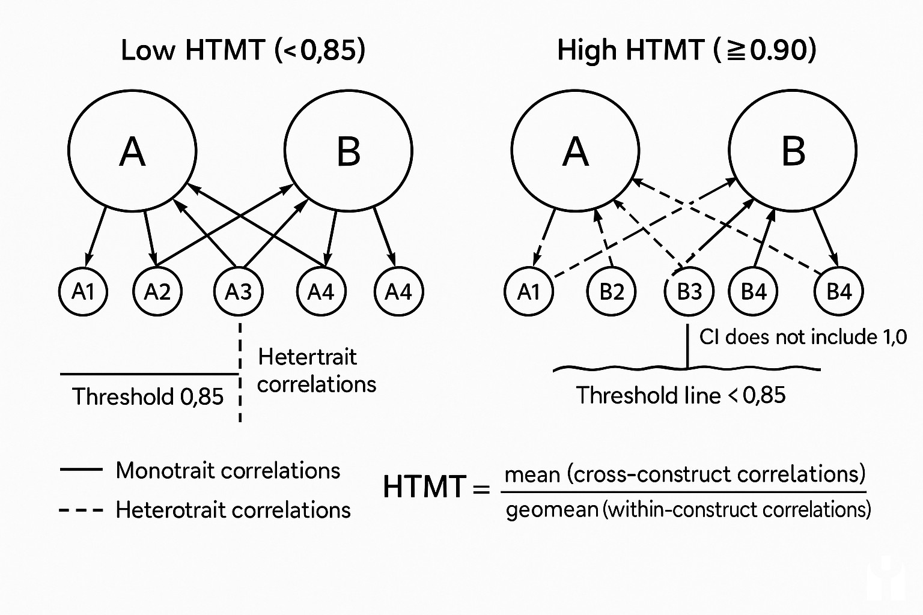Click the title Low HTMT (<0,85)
[x=243, y=50]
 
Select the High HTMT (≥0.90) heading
[x=686, y=50]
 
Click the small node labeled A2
[x=157, y=291]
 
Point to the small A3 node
[x=239, y=291]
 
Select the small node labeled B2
[x=612, y=291]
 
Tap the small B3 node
[x=689, y=291]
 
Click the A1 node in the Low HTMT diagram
[x=84, y=291]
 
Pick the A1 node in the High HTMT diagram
[x=529, y=291]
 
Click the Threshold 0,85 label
[x=148, y=396]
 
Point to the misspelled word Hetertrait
[x=307, y=357]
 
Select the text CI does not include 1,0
[x=803, y=337]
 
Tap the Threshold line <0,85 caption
[x=681, y=395]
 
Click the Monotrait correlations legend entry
[x=228, y=470]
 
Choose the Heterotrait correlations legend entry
[x=233, y=510]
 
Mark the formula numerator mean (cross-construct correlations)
[x=685, y=474]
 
